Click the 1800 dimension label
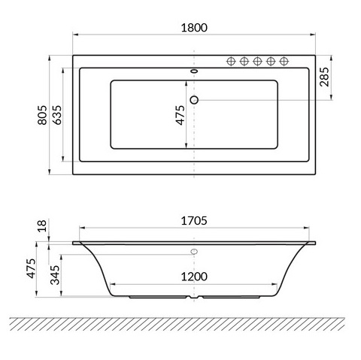[x=194, y=28]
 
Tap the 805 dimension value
[x=42, y=115]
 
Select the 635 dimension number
[x=57, y=115]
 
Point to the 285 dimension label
[x=324, y=77]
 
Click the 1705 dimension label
[x=194, y=221]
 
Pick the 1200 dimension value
[x=194, y=277]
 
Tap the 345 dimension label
[x=55, y=275]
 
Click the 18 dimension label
[x=42, y=225]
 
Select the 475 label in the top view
[x=180, y=115]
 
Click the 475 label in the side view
[x=31, y=268]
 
